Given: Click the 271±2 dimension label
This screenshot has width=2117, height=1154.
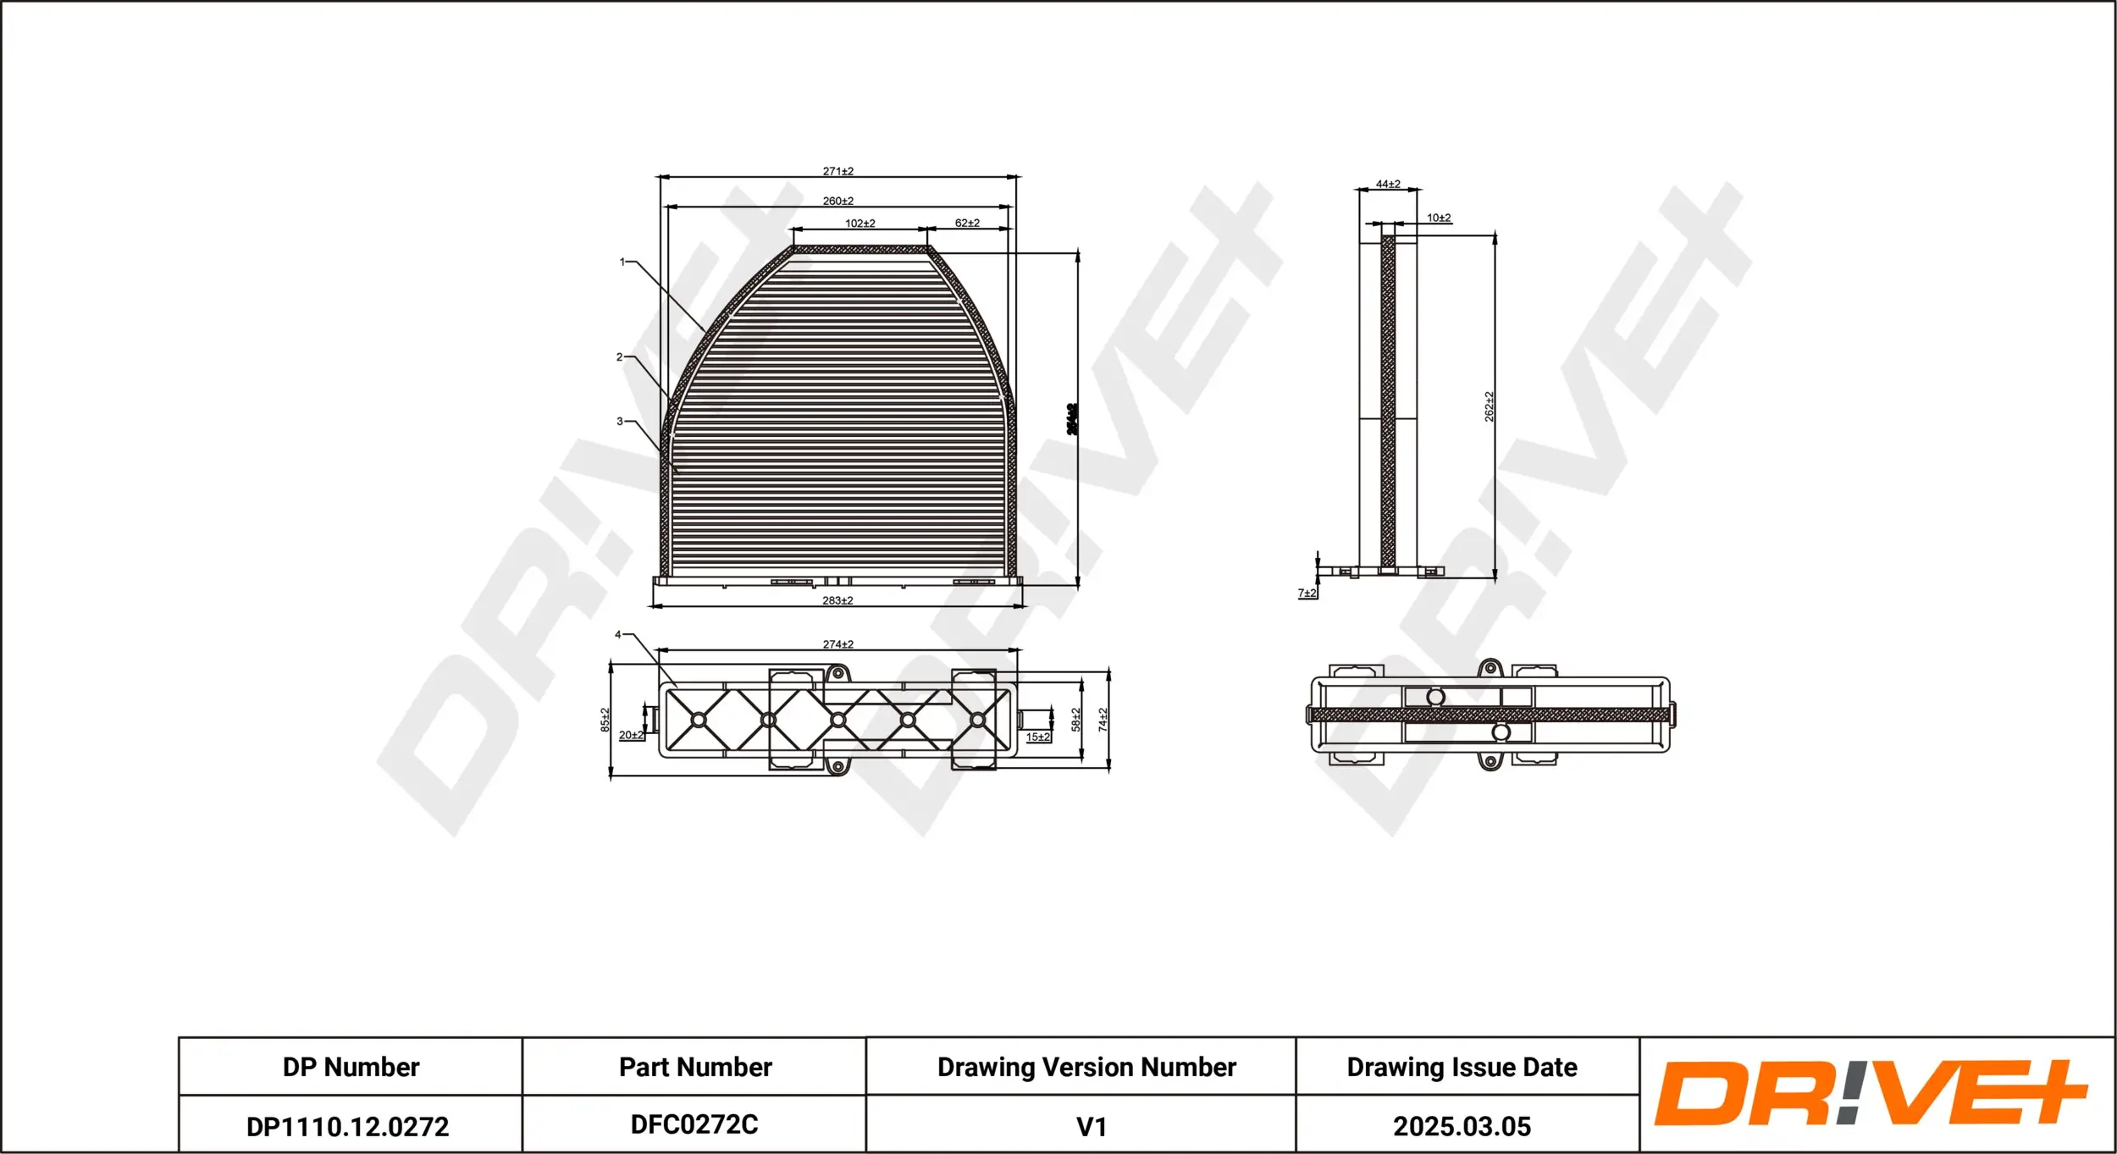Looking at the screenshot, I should (837, 171).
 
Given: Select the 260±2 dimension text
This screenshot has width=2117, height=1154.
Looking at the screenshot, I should (837, 201).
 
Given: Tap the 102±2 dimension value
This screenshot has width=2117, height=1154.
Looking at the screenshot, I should (860, 224).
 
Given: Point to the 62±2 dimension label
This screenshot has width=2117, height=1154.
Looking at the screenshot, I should (967, 223).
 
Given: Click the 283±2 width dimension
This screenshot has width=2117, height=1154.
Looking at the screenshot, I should (837, 600).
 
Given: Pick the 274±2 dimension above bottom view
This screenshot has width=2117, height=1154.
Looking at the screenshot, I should (837, 644).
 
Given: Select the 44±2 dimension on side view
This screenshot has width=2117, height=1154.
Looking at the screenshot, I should (1388, 184).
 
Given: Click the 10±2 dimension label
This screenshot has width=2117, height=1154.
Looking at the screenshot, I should (1439, 218).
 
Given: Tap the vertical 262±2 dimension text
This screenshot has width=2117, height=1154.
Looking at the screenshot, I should (1489, 406).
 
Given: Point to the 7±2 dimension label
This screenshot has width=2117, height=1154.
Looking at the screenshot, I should (1307, 593).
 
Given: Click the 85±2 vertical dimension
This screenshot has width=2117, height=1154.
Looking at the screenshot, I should (605, 720).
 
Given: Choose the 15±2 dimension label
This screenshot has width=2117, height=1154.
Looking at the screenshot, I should (1037, 737).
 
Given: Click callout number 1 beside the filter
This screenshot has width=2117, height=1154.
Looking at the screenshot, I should (622, 262).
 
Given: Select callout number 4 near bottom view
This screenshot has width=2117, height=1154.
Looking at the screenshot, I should (618, 634).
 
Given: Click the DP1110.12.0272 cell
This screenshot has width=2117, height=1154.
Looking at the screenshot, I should (347, 1126).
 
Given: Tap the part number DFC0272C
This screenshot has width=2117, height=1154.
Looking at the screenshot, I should (694, 1124).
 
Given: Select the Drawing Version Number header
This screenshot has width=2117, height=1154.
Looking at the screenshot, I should (1086, 1067).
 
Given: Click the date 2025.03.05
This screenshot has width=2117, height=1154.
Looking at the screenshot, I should (1462, 1126).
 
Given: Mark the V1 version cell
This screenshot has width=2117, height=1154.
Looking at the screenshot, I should (1091, 1127).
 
